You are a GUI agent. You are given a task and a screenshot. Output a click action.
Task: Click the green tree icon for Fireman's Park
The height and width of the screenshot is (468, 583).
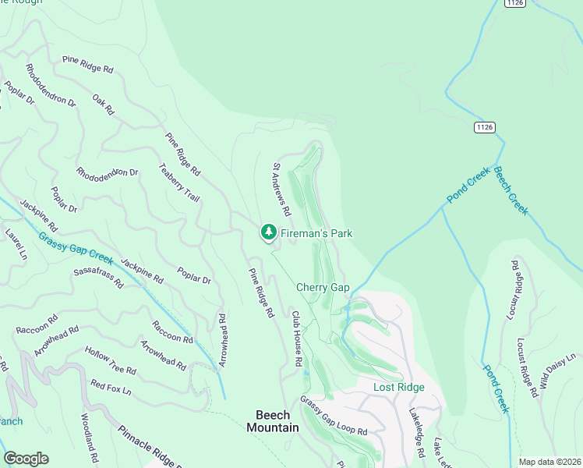pos(268,232)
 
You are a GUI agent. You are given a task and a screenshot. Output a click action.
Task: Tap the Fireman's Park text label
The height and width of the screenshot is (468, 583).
pos(316,233)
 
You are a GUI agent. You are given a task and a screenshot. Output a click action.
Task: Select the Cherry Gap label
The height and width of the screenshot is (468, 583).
pos(323,288)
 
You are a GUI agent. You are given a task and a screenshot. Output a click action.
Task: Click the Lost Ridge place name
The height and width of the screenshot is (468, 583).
pos(399,388)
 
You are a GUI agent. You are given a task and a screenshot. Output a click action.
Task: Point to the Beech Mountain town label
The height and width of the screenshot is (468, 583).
pos(273,421)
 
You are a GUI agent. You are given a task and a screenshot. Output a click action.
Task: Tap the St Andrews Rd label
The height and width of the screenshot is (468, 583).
pos(281,190)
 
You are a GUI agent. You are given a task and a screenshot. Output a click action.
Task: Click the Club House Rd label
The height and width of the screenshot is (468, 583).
pos(296,339)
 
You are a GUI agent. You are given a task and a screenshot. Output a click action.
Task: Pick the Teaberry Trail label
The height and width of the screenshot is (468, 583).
pos(179,183)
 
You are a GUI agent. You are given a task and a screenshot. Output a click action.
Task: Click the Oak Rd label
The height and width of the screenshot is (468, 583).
pos(103,104)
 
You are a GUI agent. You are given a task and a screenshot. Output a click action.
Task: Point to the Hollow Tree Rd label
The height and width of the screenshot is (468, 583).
pos(110,360)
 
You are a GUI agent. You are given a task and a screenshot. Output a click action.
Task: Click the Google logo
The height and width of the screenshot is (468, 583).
pos(26,459)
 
